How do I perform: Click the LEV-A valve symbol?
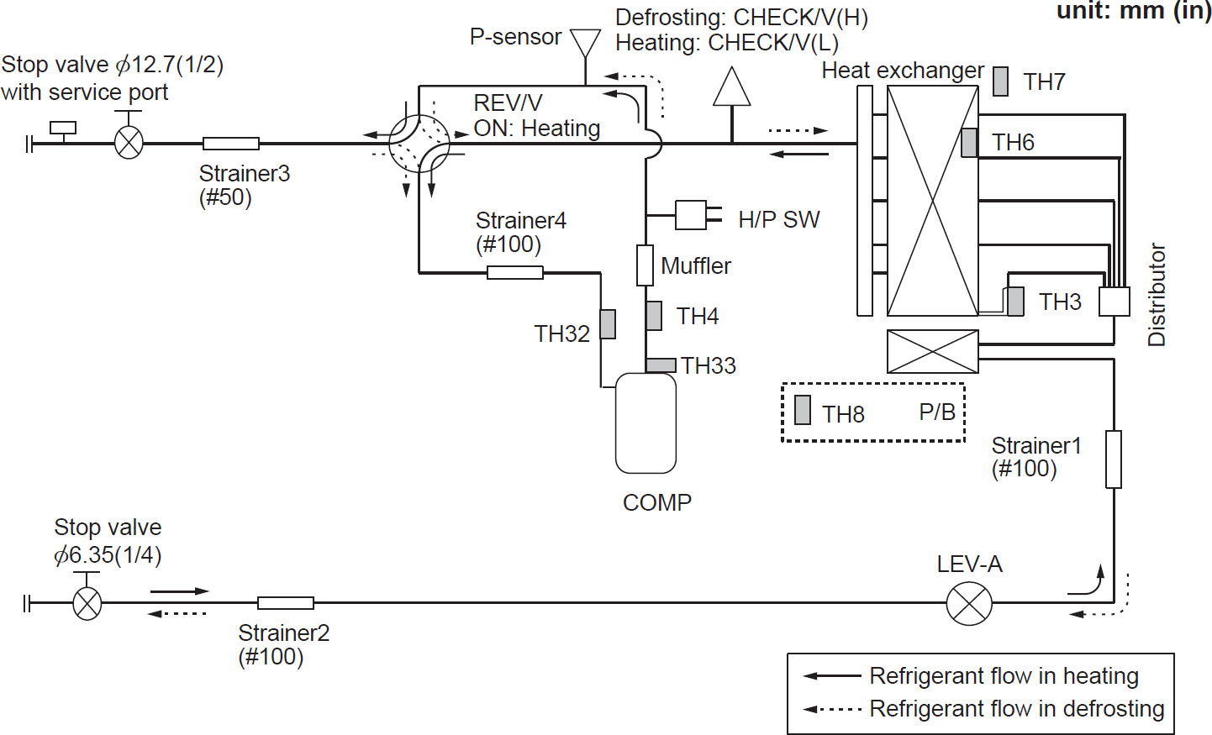click(969, 602)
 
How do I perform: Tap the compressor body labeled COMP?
click(646, 423)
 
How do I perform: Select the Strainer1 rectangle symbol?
click(1114, 459)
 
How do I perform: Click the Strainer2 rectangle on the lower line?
click(286, 602)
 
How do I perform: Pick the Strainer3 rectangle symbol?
click(231, 144)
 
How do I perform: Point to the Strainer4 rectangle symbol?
click(515, 272)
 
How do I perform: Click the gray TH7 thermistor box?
click(1000, 81)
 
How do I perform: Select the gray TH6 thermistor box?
click(969, 142)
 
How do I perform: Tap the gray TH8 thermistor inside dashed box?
click(803, 410)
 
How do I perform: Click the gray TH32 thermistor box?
click(608, 324)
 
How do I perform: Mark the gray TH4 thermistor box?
click(654, 316)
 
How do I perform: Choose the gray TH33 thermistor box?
click(661, 365)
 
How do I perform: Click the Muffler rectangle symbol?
click(645, 265)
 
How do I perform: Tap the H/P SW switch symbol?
click(693, 215)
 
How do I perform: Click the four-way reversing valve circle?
click(419, 144)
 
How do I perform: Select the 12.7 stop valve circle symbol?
click(129, 144)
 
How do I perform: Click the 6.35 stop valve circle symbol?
click(87, 603)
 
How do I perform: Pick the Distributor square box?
click(1115, 302)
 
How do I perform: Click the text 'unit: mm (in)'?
click(1133, 11)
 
